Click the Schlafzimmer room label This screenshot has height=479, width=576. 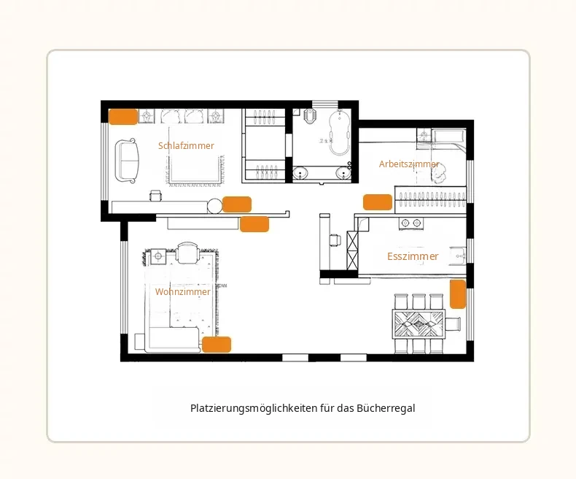click(x=186, y=146)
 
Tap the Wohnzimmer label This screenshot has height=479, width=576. click(x=182, y=292)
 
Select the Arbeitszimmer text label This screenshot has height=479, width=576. click(x=409, y=164)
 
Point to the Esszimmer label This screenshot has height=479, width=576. click(x=413, y=256)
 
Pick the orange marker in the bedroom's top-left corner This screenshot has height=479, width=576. click(x=123, y=117)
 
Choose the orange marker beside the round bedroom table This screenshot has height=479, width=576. click(x=237, y=204)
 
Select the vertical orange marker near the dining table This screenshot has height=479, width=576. click(x=458, y=294)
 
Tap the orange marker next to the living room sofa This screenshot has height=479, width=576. click(x=217, y=345)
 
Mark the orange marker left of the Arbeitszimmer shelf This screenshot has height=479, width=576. click(x=378, y=202)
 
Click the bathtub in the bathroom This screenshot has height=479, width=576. click(x=340, y=132)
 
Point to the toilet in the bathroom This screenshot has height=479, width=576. click(x=310, y=116)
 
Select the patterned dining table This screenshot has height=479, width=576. click(x=419, y=324)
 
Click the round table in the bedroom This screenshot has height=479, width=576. click(x=214, y=206)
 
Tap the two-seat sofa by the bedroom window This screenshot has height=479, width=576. click(x=127, y=161)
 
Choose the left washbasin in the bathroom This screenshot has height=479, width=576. click(x=301, y=173)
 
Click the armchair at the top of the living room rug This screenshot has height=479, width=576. click(x=187, y=253)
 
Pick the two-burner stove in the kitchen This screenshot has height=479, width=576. click(x=411, y=223)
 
